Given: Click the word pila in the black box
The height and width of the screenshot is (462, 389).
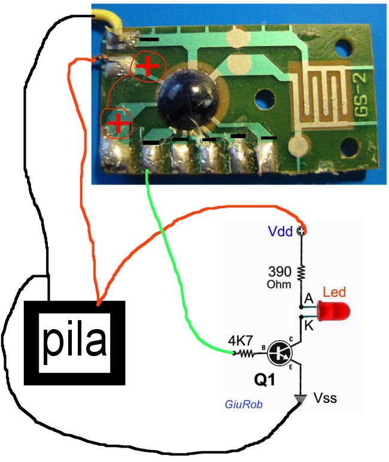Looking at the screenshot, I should [x=75, y=342].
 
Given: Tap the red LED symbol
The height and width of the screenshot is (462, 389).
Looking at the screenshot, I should [x=334, y=311].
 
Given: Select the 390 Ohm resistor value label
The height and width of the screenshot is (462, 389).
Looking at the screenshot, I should [x=280, y=276].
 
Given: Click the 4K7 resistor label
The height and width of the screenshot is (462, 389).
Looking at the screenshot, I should [x=239, y=341].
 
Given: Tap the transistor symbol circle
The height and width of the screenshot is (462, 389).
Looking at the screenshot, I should [x=279, y=353].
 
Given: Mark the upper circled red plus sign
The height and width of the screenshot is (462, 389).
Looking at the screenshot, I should [x=147, y=67].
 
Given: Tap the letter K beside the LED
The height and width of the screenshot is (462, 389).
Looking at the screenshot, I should [x=308, y=327].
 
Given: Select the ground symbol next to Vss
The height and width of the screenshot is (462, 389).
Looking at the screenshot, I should [x=301, y=397].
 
